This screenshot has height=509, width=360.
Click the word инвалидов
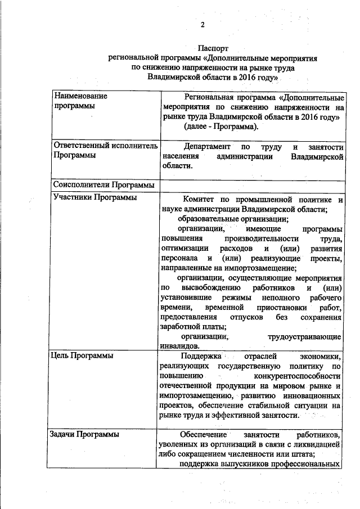tap(178, 346)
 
